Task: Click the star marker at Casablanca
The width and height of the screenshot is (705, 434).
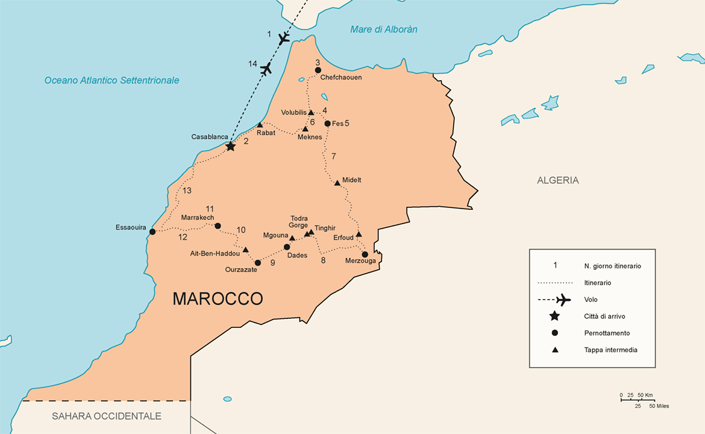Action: pyautogui.click(x=230, y=146)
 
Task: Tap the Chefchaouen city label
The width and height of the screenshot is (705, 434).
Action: pyautogui.click(x=341, y=78)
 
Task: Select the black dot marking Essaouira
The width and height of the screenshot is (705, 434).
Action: pyautogui.click(x=152, y=231)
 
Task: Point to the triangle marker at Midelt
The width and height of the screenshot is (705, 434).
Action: pyautogui.click(x=337, y=183)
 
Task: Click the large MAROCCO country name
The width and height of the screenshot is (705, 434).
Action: pyautogui.click(x=218, y=299)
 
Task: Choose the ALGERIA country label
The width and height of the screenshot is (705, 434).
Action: pyautogui.click(x=557, y=180)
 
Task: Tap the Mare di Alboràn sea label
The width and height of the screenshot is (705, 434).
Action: pyautogui.click(x=384, y=30)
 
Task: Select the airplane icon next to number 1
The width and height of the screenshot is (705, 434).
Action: pyautogui.click(x=284, y=39)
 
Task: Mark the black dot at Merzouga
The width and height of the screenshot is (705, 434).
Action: pyautogui.click(x=365, y=254)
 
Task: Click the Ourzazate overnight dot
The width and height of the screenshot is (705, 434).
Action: pyautogui.click(x=258, y=263)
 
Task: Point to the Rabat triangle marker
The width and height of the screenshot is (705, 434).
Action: pyautogui.click(x=260, y=125)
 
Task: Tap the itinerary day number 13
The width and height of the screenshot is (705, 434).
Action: pyautogui.click(x=187, y=190)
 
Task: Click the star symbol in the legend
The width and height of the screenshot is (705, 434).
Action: pyautogui.click(x=554, y=316)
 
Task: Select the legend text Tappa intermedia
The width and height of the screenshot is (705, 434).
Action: pyautogui.click(x=610, y=350)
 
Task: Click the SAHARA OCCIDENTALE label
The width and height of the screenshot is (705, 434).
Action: pyautogui.click(x=107, y=416)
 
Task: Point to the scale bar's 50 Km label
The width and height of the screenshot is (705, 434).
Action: pyautogui.click(x=645, y=395)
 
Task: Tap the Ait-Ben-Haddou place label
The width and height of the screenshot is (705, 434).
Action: pyautogui.click(x=215, y=254)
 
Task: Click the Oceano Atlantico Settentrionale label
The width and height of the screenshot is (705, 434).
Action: pyautogui.click(x=111, y=80)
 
